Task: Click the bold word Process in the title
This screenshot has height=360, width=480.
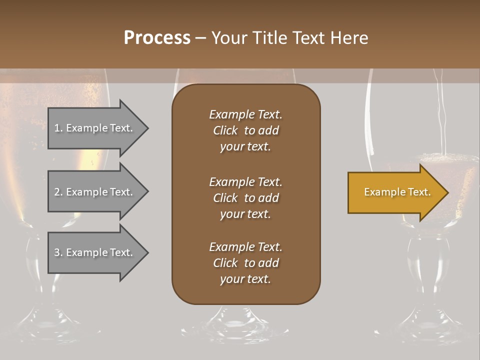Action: (x=157, y=38)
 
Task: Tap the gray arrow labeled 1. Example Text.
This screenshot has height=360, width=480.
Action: (x=95, y=128)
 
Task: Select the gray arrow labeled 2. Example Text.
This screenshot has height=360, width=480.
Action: (x=95, y=192)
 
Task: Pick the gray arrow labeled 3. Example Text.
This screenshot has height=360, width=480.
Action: (x=95, y=252)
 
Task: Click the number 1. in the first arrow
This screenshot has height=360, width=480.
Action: (x=58, y=128)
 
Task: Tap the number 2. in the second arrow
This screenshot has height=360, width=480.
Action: (x=58, y=192)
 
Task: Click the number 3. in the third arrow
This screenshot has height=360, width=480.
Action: (x=58, y=252)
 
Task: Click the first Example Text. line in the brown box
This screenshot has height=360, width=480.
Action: (x=245, y=114)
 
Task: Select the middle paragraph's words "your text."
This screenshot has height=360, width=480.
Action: (x=245, y=214)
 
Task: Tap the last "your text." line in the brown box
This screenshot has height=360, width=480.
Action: (x=245, y=279)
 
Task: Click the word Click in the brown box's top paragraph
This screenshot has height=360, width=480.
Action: (x=225, y=130)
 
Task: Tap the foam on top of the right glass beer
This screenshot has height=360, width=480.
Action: (x=440, y=160)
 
